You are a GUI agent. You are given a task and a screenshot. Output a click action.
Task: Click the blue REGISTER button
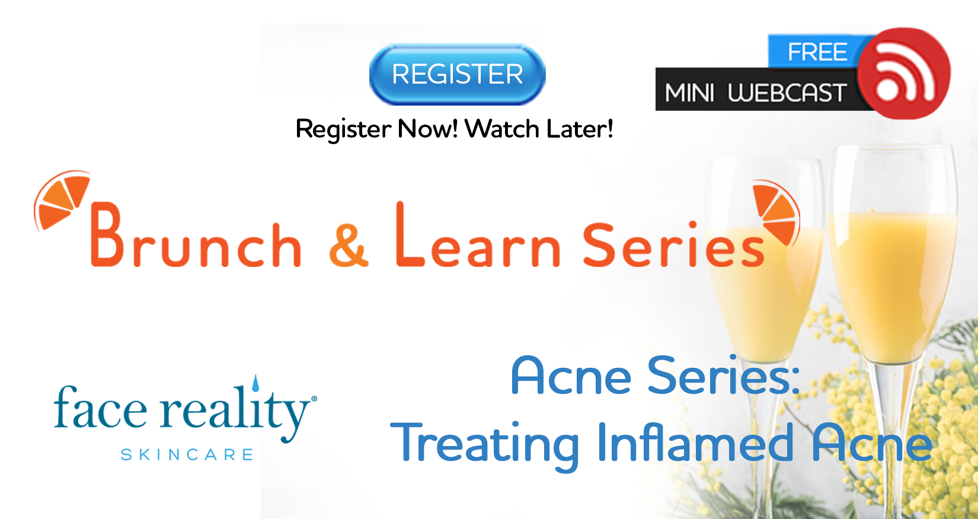click(457, 74)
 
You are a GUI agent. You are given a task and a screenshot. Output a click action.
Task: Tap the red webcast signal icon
click(904, 73)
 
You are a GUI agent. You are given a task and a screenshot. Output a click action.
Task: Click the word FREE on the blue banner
click(817, 52)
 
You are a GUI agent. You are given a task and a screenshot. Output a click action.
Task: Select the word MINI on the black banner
click(689, 93)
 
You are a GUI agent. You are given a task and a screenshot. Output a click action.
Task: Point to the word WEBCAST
click(787, 93)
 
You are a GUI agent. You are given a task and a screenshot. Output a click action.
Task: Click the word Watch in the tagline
click(502, 129)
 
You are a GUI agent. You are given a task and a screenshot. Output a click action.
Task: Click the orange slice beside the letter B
click(61, 199)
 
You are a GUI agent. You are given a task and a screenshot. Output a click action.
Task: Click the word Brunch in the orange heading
click(196, 235)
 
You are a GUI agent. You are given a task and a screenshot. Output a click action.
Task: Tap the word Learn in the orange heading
click(478, 235)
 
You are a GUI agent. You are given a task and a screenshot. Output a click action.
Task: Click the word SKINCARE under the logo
click(187, 454)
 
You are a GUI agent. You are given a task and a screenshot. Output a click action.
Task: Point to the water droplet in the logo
click(255, 383)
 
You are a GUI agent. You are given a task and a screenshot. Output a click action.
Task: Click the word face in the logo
click(100, 406)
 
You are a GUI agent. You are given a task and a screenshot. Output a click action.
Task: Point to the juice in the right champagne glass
click(893, 284)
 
